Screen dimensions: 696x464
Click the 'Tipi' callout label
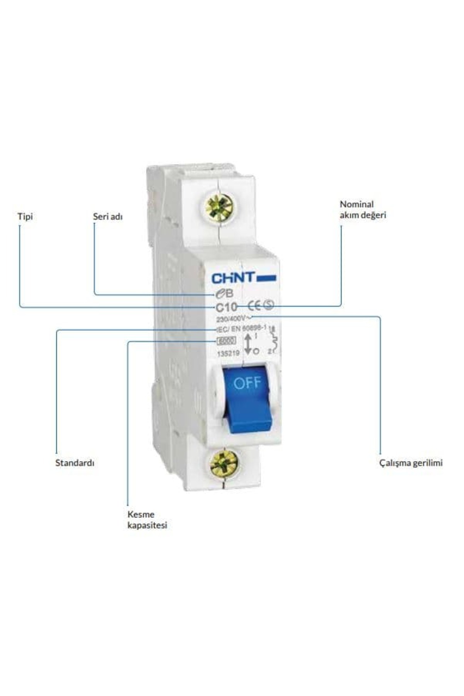(x=25, y=216)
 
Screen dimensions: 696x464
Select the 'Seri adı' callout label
(x=107, y=216)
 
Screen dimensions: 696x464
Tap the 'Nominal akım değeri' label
(x=363, y=209)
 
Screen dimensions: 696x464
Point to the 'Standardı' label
(x=75, y=462)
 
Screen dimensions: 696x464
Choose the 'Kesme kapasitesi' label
(x=147, y=520)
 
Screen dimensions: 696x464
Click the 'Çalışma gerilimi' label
(x=411, y=462)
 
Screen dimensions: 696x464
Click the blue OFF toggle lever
(x=248, y=402)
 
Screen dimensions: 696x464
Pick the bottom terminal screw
(x=223, y=463)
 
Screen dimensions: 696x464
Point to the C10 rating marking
(x=226, y=307)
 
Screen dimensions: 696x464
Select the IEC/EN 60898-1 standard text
(x=241, y=329)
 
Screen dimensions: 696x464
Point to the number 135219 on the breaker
(x=229, y=353)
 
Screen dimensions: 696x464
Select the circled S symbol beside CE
(x=268, y=305)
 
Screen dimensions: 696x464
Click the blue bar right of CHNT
(x=266, y=278)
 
